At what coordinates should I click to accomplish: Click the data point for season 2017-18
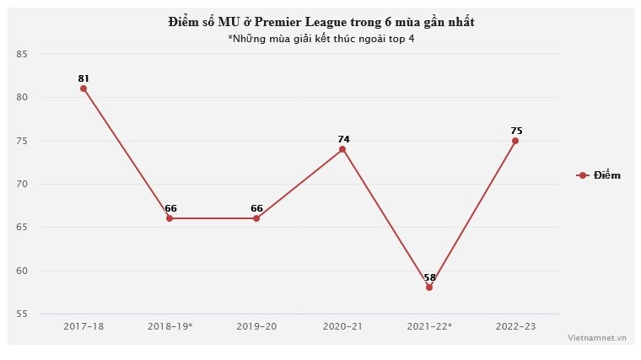[x=83, y=89]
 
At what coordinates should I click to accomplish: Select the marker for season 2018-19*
[x=170, y=218]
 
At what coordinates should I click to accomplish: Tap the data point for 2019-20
[x=256, y=218]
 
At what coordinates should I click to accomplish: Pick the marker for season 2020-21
[x=342, y=149]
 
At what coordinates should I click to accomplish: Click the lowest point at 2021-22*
[x=429, y=287]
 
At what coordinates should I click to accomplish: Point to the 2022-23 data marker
[x=515, y=141]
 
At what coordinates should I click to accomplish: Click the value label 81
[x=83, y=78]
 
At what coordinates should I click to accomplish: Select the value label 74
[x=343, y=138]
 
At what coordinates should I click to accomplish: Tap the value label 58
[x=429, y=277]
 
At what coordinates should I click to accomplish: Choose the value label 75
[x=516, y=130]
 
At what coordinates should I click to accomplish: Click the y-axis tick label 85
[x=22, y=54]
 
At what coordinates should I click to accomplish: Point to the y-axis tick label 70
[x=22, y=184]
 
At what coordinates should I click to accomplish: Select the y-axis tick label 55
[x=22, y=314]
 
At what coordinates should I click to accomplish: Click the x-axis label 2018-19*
[x=170, y=325]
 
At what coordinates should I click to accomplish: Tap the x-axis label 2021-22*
[x=429, y=325]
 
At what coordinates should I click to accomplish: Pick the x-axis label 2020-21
[x=342, y=325]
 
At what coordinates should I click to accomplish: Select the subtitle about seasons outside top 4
[x=320, y=38]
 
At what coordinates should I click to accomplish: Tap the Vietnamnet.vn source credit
[x=597, y=336]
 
